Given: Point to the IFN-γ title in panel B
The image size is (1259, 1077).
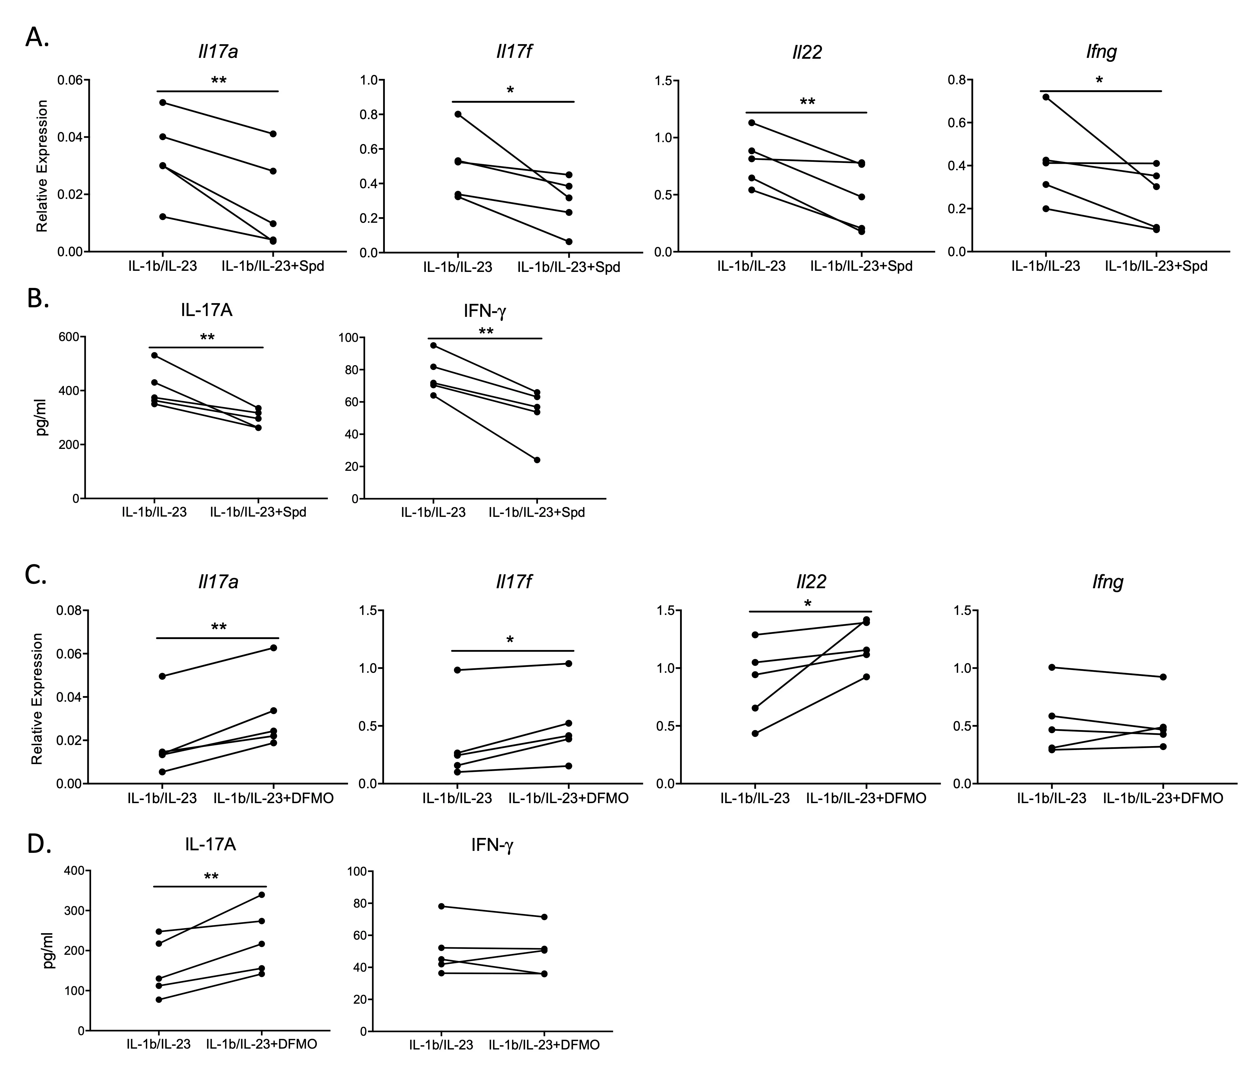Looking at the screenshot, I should coord(485,311).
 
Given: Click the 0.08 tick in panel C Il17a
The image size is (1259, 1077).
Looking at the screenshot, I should coord(71,611).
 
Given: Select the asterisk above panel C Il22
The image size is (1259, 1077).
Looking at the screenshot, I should coord(808,604).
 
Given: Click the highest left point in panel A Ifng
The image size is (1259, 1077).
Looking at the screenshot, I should coord(1046,97).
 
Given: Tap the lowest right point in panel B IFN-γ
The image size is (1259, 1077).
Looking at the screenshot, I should coord(537,460).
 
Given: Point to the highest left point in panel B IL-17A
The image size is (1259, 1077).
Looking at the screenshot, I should coord(155,355).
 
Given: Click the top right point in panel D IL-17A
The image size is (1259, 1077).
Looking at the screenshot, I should coord(262,895).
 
